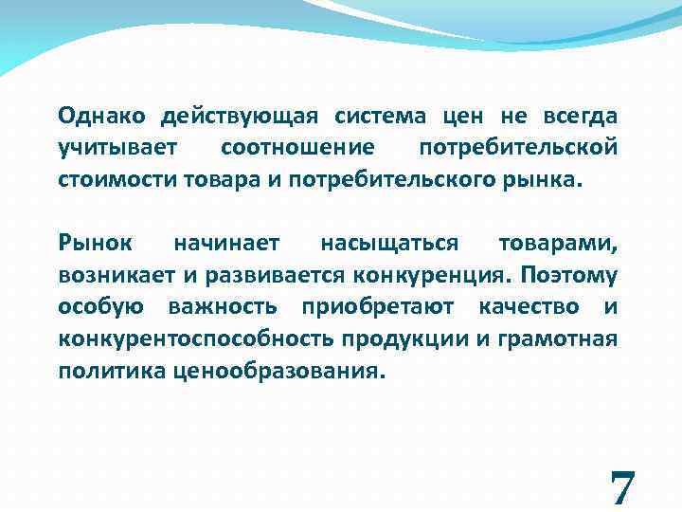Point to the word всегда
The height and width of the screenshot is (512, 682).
pyautogui.click(x=580, y=118)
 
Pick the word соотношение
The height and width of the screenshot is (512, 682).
pyautogui.click(x=296, y=149)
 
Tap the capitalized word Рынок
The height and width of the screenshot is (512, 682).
pyautogui.click(x=88, y=244)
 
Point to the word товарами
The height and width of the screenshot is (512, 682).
pyautogui.click(x=559, y=244)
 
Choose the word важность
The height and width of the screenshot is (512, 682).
pyautogui.click(x=223, y=306)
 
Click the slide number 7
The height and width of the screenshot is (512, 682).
pyautogui.click(x=622, y=487)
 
